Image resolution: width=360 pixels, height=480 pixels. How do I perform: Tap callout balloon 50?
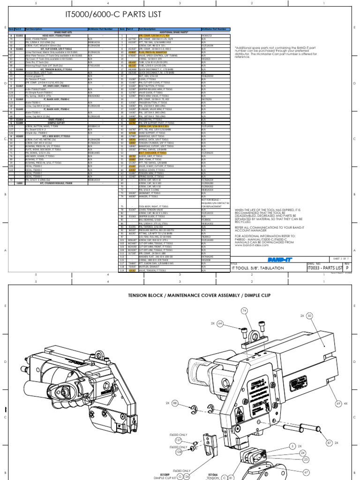click(309, 315)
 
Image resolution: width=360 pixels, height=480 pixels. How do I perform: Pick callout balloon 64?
click(220, 323)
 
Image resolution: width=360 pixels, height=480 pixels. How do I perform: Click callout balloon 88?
click(175, 403)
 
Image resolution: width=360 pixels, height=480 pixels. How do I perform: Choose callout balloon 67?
click(306, 472)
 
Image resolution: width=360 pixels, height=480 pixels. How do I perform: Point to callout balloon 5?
click(292, 447)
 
